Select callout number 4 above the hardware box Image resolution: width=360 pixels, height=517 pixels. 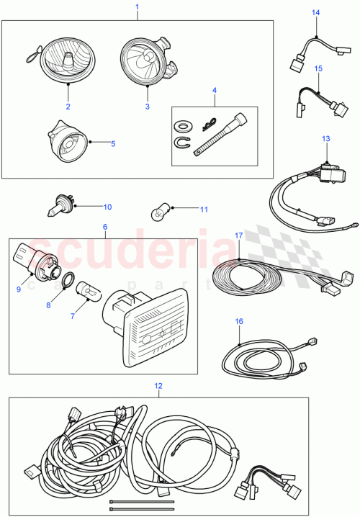214,91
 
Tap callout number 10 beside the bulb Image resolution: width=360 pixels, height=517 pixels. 107,207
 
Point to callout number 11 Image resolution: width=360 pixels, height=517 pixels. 204,210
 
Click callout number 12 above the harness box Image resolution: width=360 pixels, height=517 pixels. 158,386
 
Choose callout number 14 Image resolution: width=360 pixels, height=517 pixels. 315,13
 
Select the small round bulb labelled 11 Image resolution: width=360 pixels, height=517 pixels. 158,212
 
